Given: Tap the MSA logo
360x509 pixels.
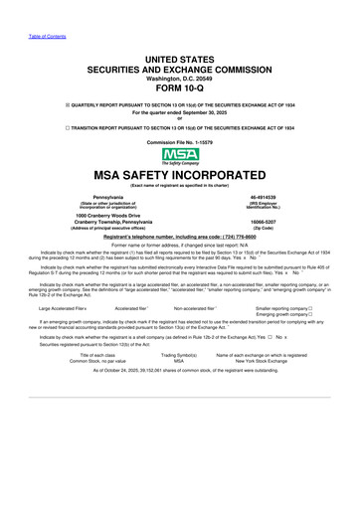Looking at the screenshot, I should pos(179,155).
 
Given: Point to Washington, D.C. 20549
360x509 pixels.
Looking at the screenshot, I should pos(179,71).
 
